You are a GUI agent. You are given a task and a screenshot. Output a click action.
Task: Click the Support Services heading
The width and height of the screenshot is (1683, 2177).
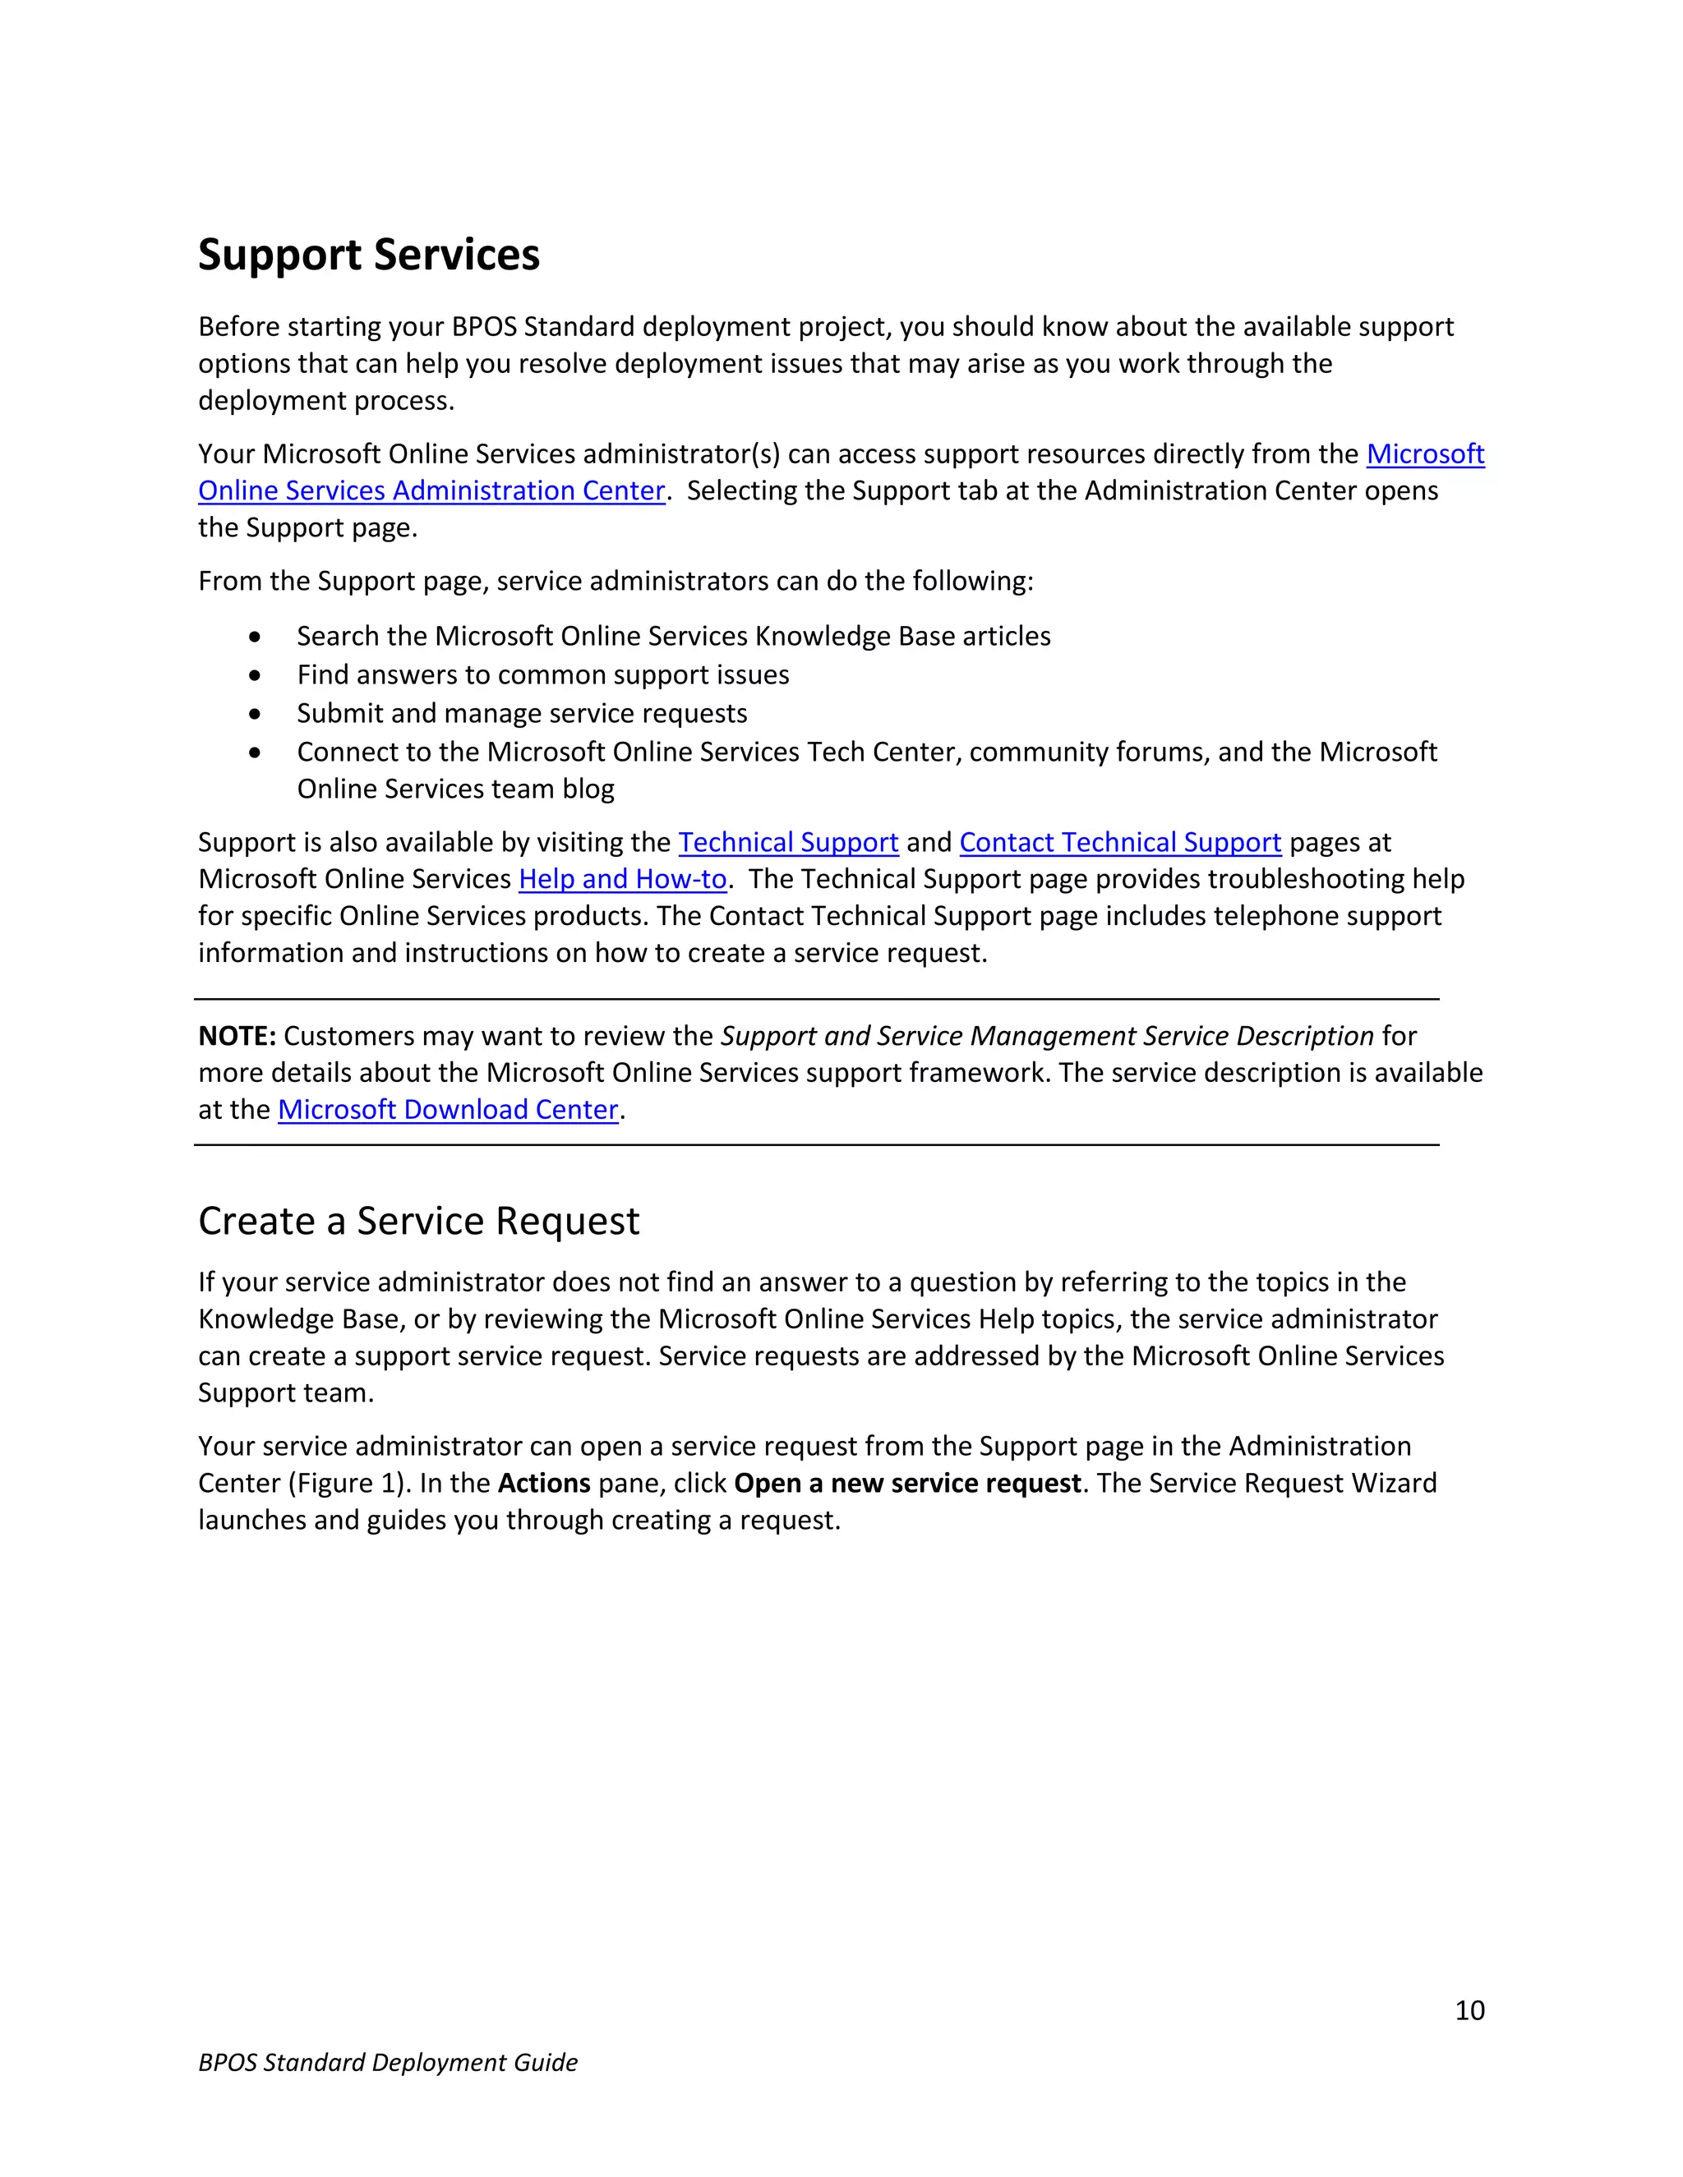coord(368,255)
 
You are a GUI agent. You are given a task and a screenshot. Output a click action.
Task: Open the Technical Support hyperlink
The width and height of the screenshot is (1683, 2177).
coord(787,844)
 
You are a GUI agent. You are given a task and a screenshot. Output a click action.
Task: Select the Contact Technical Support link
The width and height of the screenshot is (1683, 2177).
coord(1120,844)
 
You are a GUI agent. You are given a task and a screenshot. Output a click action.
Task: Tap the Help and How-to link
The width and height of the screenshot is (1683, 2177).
coord(622,880)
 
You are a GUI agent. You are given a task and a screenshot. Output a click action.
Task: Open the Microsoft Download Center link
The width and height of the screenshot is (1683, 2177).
coord(448,1111)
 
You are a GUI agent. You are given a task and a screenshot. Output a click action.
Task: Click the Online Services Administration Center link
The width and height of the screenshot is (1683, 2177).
coord(431,491)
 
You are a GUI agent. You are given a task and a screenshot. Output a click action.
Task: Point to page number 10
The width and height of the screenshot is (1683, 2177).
coord(1469,2010)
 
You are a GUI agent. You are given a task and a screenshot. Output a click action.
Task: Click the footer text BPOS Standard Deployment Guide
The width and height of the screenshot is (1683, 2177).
coord(388,2062)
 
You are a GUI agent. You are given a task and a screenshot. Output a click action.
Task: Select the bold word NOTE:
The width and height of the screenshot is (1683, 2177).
coord(237,1037)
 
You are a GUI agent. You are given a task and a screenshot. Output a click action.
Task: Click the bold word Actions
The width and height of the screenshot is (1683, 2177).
coord(544,1483)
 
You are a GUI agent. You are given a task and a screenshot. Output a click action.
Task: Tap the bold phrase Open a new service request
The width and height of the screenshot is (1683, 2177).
coord(907,1483)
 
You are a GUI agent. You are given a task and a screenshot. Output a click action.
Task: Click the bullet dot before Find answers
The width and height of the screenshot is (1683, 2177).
coord(256,676)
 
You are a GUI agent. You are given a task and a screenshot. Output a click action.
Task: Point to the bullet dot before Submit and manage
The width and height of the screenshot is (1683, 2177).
coord(256,714)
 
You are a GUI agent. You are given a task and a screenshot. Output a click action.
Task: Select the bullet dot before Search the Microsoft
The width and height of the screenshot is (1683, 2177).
coord(256,637)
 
